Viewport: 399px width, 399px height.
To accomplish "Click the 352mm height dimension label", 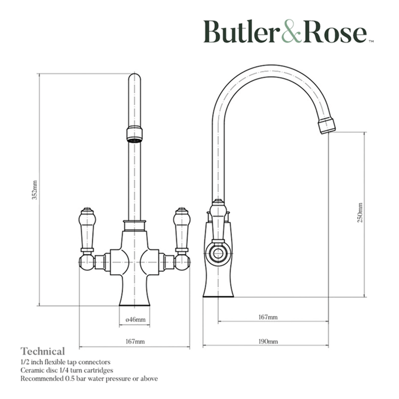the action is [x=34, y=190].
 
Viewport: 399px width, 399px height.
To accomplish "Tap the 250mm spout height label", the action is [x=360, y=213].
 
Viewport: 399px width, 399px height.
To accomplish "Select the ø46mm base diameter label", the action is [x=135, y=319].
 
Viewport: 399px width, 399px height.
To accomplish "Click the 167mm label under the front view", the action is [x=135, y=342].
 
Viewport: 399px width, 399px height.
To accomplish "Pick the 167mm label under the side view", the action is [x=268, y=317].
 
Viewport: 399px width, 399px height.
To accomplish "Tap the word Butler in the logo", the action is [x=240, y=32].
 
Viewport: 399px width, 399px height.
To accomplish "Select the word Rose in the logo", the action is [x=335, y=32].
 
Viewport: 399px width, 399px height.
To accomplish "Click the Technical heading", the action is [x=43, y=352].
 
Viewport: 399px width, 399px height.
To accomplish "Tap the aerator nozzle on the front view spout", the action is [x=134, y=134].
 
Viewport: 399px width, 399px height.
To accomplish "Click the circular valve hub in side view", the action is [x=218, y=254].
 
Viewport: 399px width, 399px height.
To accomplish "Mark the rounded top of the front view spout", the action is [x=134, y=77].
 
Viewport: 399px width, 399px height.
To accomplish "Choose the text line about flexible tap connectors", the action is [x=65, y=362].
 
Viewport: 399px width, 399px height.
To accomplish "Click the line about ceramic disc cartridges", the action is [x=66, y=370].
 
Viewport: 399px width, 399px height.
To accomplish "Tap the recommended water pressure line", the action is [x=89, y=378].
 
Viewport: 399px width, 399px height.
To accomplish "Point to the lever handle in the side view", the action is [x=218, y=221].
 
